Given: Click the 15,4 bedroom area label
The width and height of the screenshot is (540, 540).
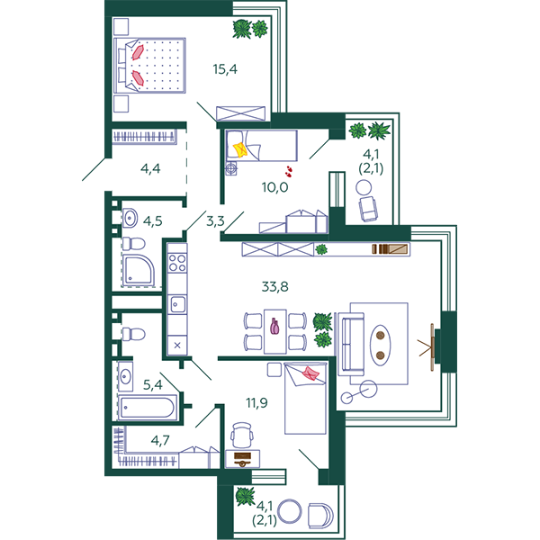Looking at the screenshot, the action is [225, 69].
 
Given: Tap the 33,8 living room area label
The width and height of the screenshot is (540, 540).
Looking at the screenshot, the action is [274, 286].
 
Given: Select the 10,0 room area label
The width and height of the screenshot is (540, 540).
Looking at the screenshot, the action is [274, 187].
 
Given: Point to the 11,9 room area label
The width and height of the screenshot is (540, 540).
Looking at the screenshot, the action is [256, 402].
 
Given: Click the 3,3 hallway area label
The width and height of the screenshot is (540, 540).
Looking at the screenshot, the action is [215, 221].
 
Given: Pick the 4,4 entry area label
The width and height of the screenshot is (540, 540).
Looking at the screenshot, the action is [150, 169].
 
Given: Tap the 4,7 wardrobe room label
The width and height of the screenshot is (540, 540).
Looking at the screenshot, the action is [160, 440].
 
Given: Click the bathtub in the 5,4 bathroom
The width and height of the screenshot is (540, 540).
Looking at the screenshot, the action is [148, 408].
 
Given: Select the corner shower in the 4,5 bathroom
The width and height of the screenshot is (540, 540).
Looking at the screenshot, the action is [139, 270].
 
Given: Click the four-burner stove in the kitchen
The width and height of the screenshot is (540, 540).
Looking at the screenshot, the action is [177, 263].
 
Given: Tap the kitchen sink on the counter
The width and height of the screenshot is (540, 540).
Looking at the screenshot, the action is [177, 304].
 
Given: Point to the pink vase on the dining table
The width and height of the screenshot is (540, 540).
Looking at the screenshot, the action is [274, 326].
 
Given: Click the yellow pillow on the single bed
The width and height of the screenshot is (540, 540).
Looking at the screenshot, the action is [239, 150].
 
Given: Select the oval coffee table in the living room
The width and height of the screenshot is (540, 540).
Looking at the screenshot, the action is [380, 346].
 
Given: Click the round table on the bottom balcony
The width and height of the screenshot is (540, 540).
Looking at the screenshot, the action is [289, 511].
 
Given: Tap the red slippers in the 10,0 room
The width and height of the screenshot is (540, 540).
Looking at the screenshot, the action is [289, 171].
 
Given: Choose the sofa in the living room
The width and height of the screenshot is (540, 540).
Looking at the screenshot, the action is [351, 344].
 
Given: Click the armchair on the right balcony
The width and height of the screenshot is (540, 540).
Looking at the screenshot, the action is [368, 209].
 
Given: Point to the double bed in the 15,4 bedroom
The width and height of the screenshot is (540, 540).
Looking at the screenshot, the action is [149, 66].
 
